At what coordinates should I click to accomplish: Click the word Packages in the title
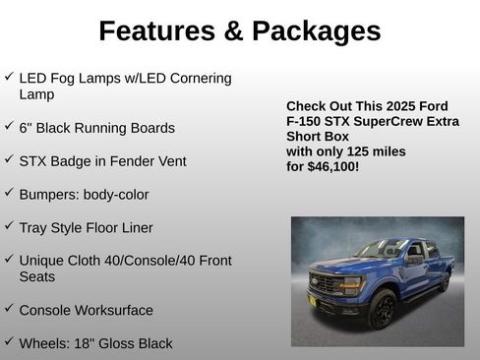click(x=316, y=31)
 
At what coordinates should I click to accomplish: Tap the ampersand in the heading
click(x=233, y=31)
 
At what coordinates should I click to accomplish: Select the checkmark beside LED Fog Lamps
click(x=9, y=76)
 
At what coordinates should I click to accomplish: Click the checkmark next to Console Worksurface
click(x=9, y=308)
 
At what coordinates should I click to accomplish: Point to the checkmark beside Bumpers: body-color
click(x=9, y=193)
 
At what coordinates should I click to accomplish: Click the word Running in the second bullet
click(x=108, y=128)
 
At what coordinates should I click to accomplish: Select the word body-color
click(x=116, y=195)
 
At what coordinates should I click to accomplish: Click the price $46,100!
click(x=335, y=167)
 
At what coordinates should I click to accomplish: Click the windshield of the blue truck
click(x=379, y=249)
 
